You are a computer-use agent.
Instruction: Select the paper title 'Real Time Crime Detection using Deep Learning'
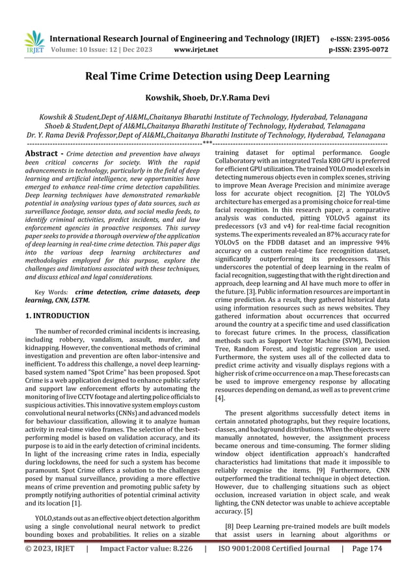pos(207,77)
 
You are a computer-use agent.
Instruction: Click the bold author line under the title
pos(207,99)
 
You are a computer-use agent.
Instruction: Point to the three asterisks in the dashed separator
pos(207,143)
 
